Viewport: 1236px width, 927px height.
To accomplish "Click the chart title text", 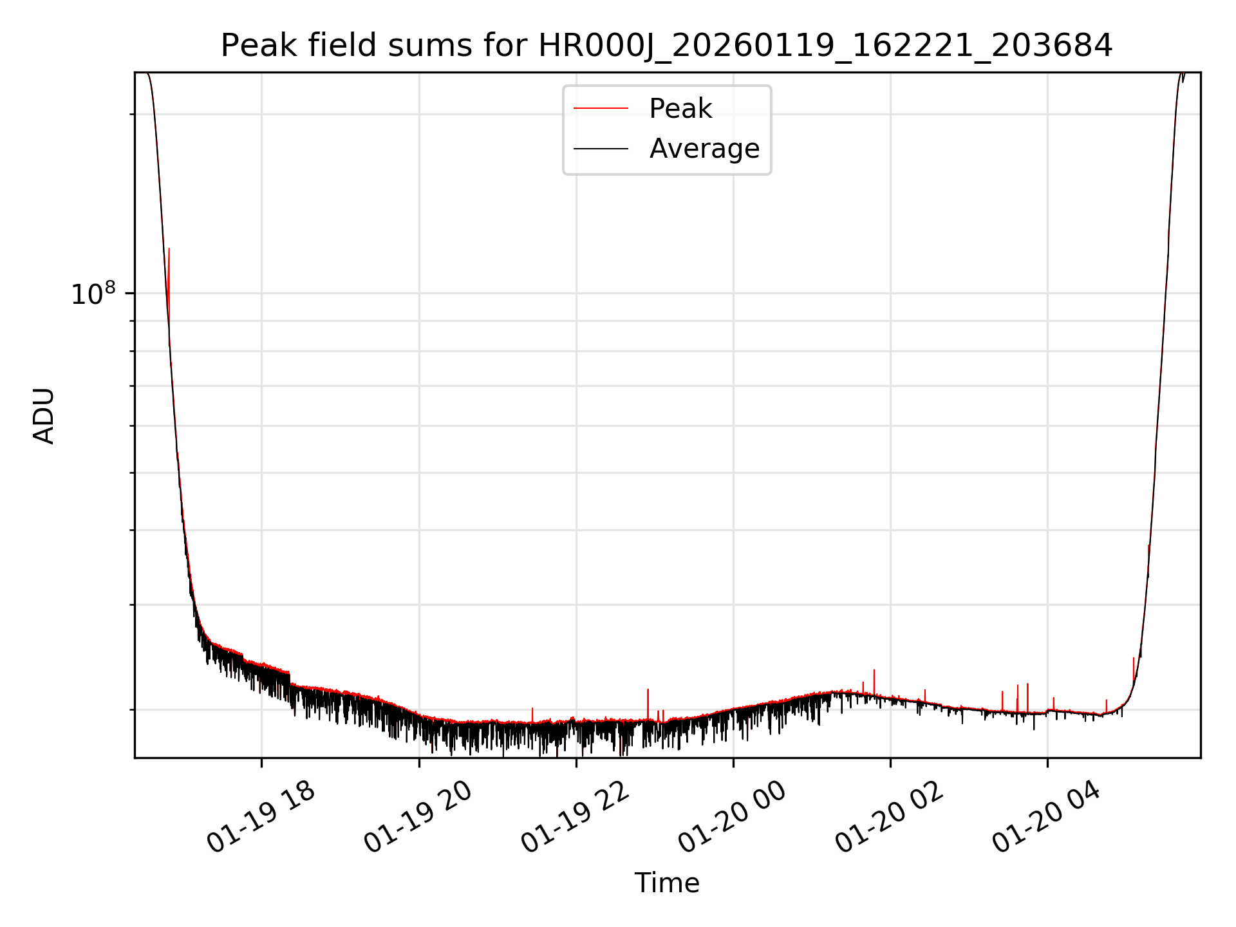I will [666, 46].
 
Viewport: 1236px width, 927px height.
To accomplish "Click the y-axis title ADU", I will [44, 416].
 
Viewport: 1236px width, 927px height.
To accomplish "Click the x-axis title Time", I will [667, 883].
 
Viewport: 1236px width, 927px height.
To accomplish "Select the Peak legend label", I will [680, 109].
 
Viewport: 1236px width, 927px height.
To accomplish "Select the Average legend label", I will [704, 149].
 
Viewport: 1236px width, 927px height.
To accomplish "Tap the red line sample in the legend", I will [601, 109].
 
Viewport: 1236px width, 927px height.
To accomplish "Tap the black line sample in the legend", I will [601, 149].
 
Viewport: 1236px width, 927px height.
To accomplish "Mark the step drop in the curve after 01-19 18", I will [290, 679].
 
